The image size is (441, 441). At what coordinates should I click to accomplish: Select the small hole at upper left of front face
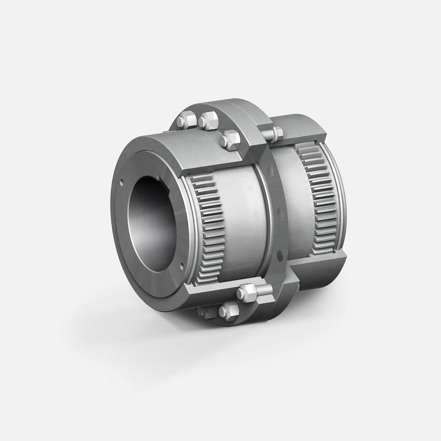[122, 183]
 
